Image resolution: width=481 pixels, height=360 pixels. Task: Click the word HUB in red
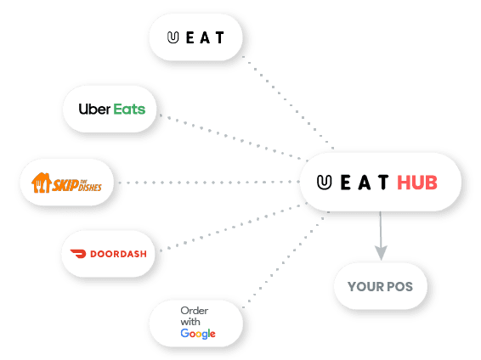click(x=417, y=183)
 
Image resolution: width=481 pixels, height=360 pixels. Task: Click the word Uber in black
click(x=94, y=109)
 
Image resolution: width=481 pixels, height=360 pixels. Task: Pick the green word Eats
click(x=129, y=109)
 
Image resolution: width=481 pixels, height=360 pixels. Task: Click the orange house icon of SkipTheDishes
click(x=41, y=183)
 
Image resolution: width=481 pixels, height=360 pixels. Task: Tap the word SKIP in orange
click(x=65, y=185)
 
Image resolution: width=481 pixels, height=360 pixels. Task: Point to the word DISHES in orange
click(x=90, y=187)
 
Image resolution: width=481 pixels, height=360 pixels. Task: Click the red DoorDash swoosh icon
click(x=78, y=254)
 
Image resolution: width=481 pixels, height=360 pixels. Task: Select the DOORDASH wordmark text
click(x=118, y=254)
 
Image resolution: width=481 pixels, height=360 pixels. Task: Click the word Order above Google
click(x=195, y=311)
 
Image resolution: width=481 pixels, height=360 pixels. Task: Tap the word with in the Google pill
click(x=190, y=322)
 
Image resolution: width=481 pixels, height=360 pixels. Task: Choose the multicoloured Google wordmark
click(x=198, y=334)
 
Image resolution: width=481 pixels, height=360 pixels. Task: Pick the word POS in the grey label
click(x=399, y=287)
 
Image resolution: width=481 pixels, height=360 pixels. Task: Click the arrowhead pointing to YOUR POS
click(x=381, y=252)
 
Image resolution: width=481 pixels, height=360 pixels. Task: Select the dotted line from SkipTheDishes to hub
click(x=209, y=183)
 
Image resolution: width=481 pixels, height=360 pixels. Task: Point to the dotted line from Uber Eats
click(x=233, y=138)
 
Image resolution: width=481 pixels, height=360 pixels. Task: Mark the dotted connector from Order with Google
click(x=286, y=260)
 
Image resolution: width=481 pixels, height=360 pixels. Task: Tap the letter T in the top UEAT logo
click(x=219, y=37)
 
